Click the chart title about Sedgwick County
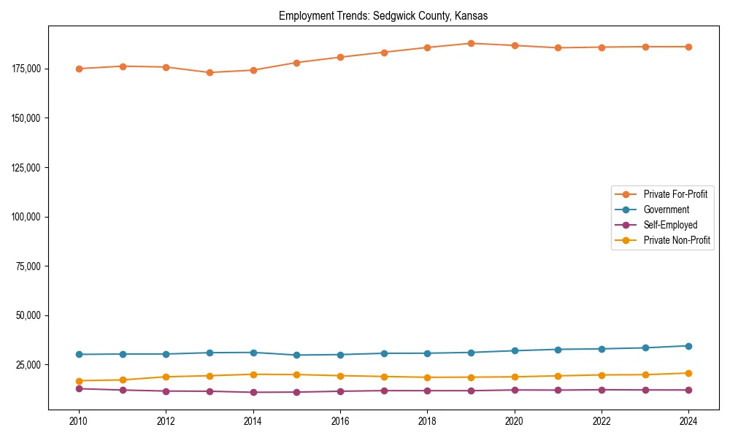click(383, 15)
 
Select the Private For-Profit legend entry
click(675, 194)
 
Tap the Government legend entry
click(666, 210)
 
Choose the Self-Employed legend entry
click(670, 225)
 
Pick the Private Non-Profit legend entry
click(677, 240)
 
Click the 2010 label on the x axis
click(79, 421)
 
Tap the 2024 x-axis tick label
click(688, 421)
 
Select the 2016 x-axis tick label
click(339, 421)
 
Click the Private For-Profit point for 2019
click(471, 43)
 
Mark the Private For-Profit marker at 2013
click(210, 72)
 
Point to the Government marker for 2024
click(688, 346)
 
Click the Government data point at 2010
click(79, 355)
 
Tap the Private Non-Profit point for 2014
click(253, 374)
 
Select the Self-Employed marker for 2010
click(79, 388)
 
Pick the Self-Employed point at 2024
click(688, 390)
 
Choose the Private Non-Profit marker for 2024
click(688, 373)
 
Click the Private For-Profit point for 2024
click(688, 47)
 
